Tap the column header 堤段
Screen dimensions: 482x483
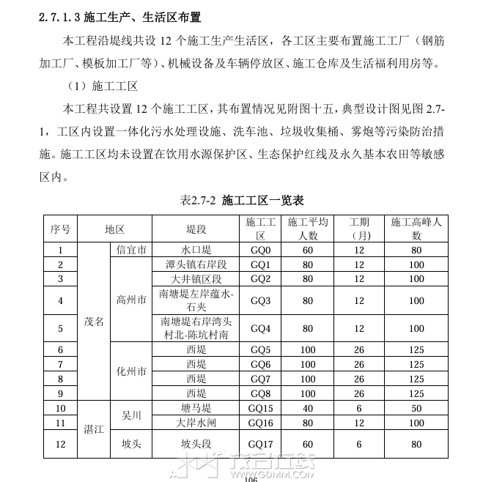pos(196,229)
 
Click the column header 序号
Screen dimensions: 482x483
pos(60,229)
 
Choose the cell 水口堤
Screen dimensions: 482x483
pos(196,250)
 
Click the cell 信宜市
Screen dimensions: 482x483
pos(132,250)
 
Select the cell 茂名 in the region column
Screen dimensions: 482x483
pos(95,322)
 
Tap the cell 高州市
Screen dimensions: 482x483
pos(132,300)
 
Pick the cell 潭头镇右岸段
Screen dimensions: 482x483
pos(196,264)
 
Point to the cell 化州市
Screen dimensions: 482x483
pos(132,371)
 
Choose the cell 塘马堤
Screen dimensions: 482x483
pos(196,408)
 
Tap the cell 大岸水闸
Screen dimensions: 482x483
pos(196,423)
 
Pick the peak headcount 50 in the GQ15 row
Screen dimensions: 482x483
pos(416,408)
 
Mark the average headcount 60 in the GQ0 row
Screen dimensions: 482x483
pos(308,250)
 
